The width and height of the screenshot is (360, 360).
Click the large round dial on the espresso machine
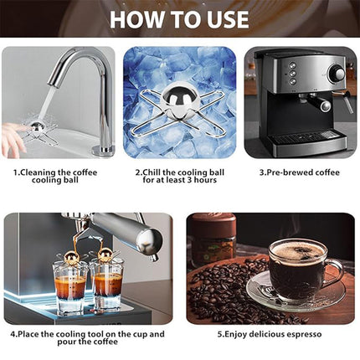337,75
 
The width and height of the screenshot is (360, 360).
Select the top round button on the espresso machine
292,65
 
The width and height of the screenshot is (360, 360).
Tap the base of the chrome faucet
103,151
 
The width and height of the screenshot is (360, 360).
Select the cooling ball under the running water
37,127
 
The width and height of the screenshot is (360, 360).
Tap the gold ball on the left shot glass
71,257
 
